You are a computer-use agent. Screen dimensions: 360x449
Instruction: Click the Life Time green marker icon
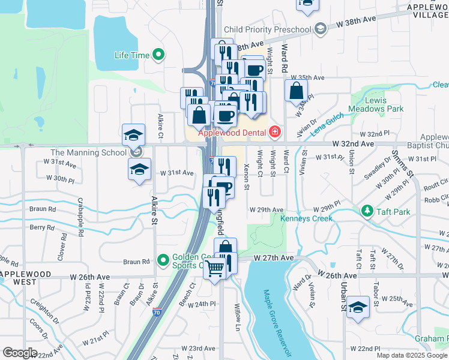[x=159, y=55]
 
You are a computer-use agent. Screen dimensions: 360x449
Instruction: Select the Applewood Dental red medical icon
[x=274, y=131]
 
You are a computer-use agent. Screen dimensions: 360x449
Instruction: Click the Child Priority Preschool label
[x=268, y=29]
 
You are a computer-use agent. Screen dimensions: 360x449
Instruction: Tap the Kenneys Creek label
[x=306, y=218]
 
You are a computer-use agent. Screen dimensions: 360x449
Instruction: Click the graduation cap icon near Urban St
[x=358, y=308]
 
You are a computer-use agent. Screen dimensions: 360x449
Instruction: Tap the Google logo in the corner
[x=20, y=353]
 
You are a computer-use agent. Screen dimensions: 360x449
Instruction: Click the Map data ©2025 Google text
[x=412, y=355]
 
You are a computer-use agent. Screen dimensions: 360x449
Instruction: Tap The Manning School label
[x=83, y=152]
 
